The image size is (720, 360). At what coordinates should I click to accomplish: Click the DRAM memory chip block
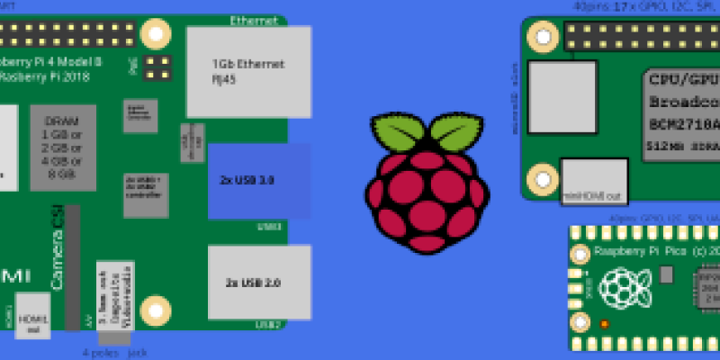(x=63, y=148)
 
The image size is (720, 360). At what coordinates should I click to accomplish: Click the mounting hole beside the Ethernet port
(x=157, y=34)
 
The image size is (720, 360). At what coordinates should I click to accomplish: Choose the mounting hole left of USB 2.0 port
(x=157, y=308)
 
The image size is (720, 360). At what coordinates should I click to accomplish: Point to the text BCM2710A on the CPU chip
(x=684, y=121)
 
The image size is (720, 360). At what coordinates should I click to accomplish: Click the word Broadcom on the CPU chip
(x=684, y=101)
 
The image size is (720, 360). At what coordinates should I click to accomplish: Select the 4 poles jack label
(x=114, y=353)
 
